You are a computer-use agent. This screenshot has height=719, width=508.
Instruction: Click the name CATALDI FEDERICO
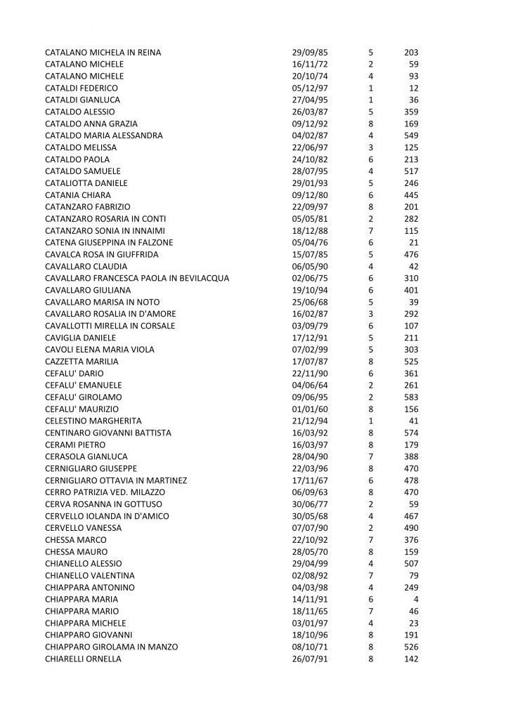[81, 88]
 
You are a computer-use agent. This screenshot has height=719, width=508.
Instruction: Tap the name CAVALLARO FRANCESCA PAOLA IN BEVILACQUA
[137, 278]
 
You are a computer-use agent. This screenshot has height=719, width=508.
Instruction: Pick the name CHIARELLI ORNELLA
[83, 659]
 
